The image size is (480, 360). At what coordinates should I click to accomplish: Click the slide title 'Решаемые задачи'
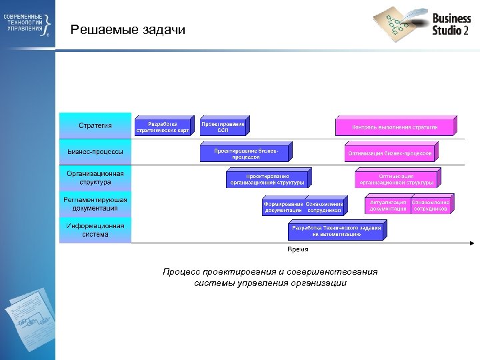pyautogui.click(x=128, y=30)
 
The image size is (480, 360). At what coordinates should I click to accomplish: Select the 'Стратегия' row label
pyautogui.click(x=95, y=125)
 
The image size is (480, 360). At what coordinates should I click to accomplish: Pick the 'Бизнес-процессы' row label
pyautogui.click(x=95, y=152)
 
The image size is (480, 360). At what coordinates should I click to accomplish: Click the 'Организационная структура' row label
pyautogui.click(x=95, y=177)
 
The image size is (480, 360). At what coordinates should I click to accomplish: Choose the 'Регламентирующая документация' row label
pyautogui.click(x=95, y=203)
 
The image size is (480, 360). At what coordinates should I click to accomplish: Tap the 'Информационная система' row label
pyautogui.click(x=95, y=229)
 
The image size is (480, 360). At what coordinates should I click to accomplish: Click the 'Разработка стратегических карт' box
pyautogui.click(x=163, y=127)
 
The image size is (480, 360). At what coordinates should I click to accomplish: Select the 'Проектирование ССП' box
pyautogui.click(x=223, y=127)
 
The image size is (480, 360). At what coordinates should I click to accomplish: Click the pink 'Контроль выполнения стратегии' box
pyautogui.click(x=395, y=127)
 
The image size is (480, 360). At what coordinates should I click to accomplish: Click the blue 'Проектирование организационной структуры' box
pyautogui.click(x=267, y=179)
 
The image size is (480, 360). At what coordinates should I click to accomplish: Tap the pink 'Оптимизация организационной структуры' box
pyautogui.click(x=396, y=179)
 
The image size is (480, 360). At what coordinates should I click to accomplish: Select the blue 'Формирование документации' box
pyautogui.click(x=283, y=207)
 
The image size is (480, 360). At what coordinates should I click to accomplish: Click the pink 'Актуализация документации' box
pyautogui.click(x=387, y=205)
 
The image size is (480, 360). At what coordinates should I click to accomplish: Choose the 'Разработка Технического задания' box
pyautogui.click(x=337, y=231)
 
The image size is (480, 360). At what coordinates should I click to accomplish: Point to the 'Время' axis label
pyautogui.click(x=298, y=249)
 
